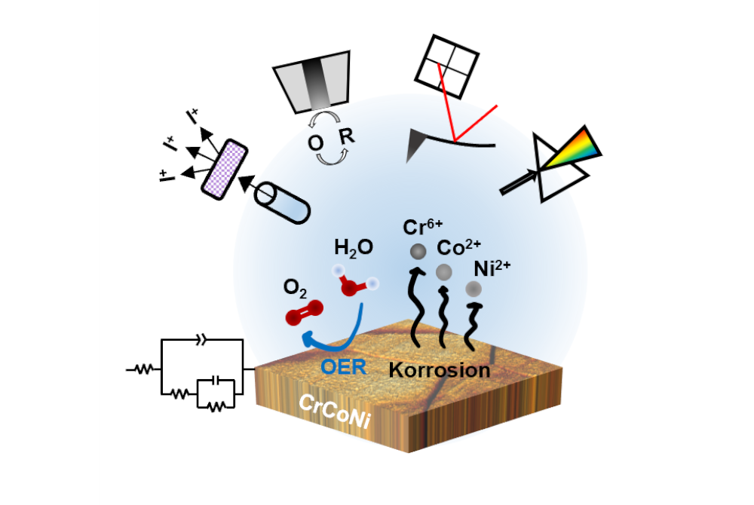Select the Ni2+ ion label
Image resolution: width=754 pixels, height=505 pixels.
point(491,268)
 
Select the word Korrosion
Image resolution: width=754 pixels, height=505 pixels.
point(440,370)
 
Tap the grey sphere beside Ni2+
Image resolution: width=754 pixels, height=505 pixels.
point(473,288)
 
